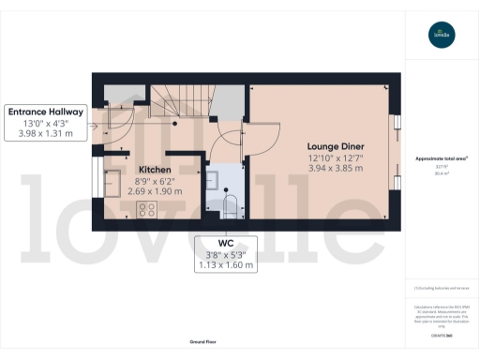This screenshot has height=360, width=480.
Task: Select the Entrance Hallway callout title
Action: (x=46, y=112)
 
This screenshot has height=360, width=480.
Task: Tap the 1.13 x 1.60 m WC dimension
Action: (x=226, y=265)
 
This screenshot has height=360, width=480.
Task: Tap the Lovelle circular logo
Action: (x=441, y=37)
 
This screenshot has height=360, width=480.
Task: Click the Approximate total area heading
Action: (x=441, y=158)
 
